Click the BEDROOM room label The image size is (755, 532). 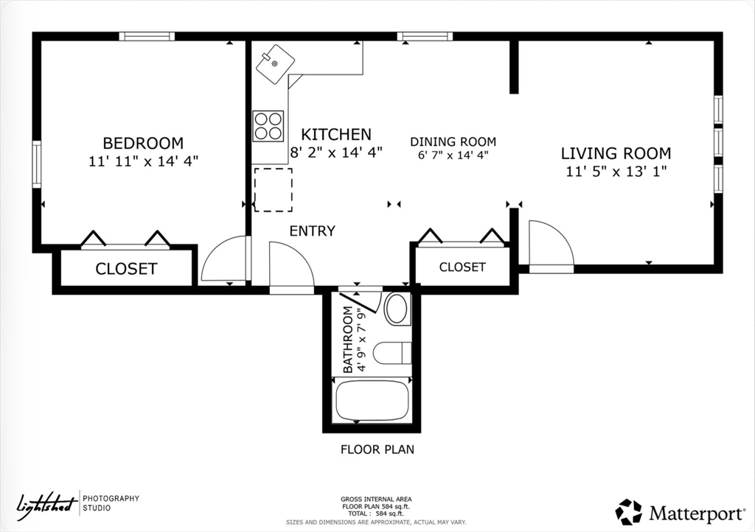[x=143, y=143]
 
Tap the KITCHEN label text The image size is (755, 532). [x=336, y=134]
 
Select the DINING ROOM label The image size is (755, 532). [x=453, y=142]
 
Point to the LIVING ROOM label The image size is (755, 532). [x=616, y=153]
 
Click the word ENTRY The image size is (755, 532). [x=312, y=231]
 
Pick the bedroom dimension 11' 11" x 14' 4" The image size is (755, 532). [x=144, y=161]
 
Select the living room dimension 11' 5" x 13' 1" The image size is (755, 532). [x=616, y=171]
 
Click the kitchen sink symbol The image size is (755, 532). [x=275, y=64]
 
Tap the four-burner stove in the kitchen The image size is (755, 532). [x=268, y=126]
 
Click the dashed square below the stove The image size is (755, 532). [x=273, y=189]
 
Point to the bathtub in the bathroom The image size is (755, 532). [x=372, y=401]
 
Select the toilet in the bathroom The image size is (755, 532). [x=392, y=353]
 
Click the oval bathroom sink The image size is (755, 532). [x=397, y=308]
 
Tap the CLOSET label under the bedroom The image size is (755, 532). [x=126, y=269]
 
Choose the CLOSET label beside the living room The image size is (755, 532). [x=462, y=267]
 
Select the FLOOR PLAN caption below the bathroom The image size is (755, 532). [x=377, y=449]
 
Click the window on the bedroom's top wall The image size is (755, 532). [x=147, y=37]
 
